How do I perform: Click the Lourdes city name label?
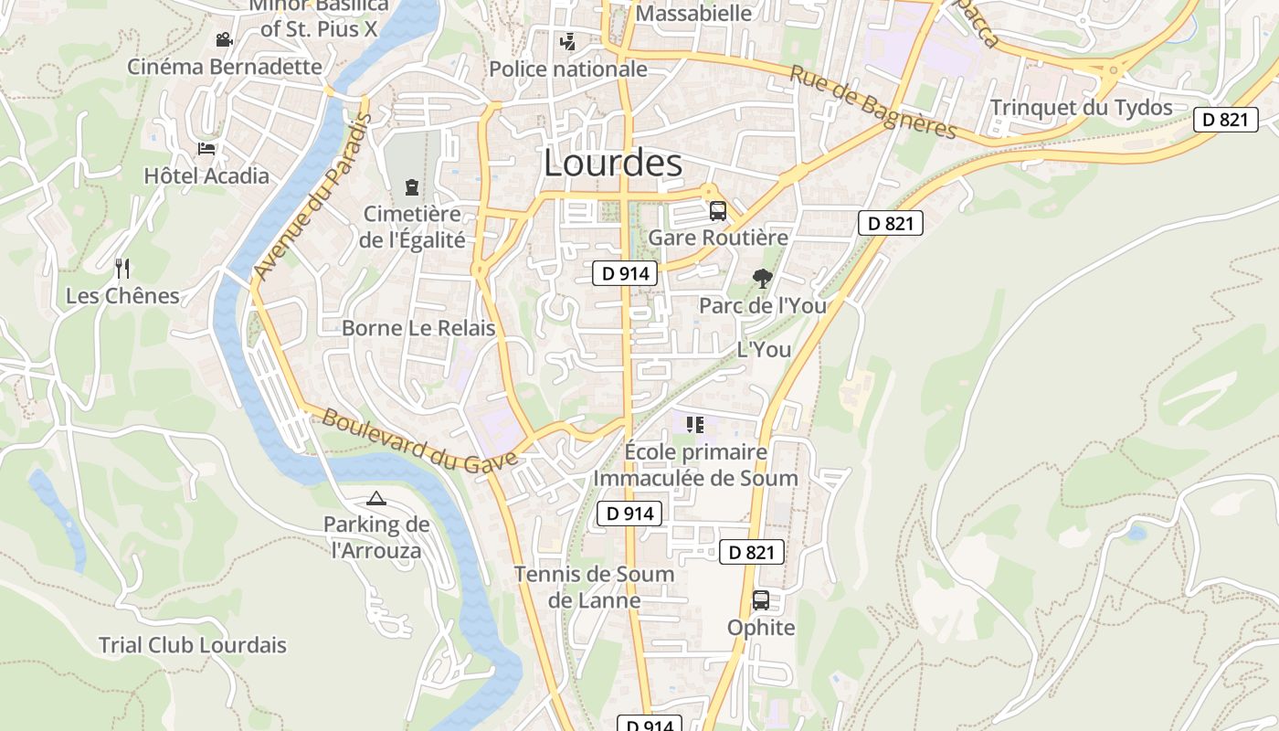coord(612,164)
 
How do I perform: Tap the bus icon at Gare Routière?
coord(718,211)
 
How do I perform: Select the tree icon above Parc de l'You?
coord(762,279)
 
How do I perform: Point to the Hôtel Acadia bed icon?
coord(206,149)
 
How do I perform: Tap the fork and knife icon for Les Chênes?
coord(123,269)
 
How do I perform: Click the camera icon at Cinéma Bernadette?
coord(223,39)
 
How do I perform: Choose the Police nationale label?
coord(568,69)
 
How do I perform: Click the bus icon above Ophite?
coord(760,600)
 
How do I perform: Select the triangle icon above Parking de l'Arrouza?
coord(376,498)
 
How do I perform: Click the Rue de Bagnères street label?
coord(872,101)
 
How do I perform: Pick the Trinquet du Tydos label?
coord(1081,108)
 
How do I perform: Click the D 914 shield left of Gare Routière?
coord(625,272)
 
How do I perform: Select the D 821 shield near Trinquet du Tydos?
coord(1225,119)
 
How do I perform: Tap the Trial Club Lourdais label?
coord(192,645)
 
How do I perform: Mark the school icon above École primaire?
coord(695,425)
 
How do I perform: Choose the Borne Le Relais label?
coord(418,328)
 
